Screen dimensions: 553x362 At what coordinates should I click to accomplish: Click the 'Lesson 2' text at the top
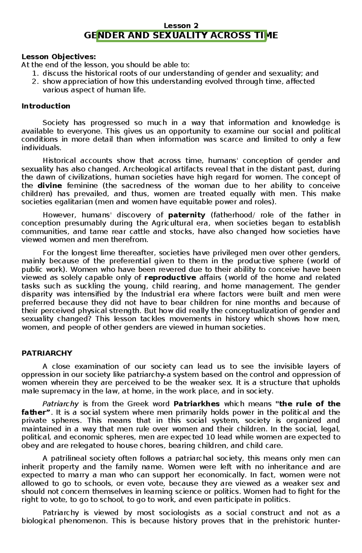point(181,26)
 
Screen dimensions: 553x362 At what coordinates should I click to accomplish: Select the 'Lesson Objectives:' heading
point(59,57)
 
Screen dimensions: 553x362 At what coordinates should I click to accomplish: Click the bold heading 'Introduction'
point(46,106)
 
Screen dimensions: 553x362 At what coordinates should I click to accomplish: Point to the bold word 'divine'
point(50,186)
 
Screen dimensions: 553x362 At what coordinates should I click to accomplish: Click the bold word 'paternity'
point(186,215)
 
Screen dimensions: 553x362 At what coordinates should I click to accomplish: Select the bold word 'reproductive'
point(170,278)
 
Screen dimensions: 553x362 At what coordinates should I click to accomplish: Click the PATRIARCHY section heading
point(47,353)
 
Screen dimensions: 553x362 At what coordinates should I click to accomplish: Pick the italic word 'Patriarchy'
point(60,404)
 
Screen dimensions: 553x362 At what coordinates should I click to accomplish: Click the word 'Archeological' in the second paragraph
point(143,169)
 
